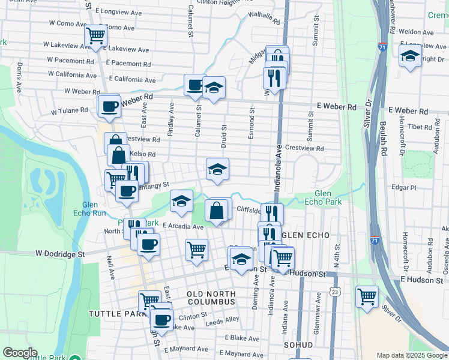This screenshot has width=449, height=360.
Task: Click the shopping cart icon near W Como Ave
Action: (95, 36)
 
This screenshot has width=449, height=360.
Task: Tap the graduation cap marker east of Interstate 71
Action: (410, 56)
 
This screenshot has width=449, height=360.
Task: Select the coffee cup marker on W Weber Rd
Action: (109, 107)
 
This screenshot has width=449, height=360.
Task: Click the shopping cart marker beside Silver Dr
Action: (366, 296)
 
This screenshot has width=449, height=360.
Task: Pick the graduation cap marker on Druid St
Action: (217, 169)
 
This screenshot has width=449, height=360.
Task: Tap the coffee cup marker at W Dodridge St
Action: (148, 244)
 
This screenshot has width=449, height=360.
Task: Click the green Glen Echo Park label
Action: (327, 198)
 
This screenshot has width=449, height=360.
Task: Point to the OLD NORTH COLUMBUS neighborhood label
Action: (209, 298)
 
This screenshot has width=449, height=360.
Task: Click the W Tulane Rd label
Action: (69, 111)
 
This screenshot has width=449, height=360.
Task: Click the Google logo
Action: (19, 353)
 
